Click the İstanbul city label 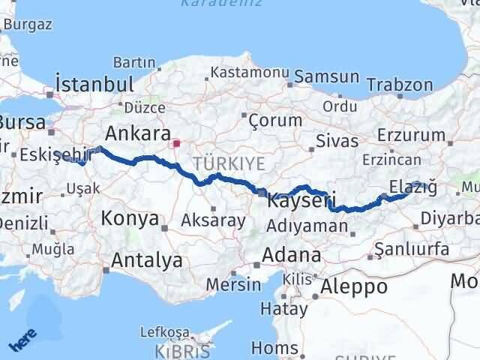click(94, 83)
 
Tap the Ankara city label click(136, 133)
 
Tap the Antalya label click(147, 260)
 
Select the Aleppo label click(354, 286)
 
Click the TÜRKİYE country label click(217, 163)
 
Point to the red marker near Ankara click(176, 143)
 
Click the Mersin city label click(234, 285)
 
